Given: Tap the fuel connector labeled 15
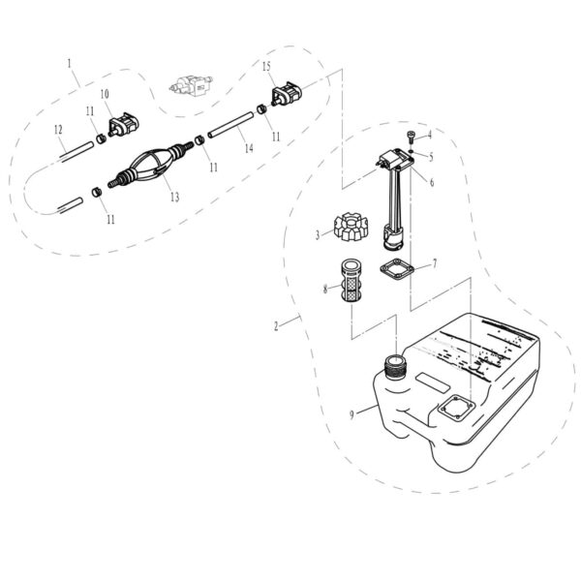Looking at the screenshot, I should [288, 97].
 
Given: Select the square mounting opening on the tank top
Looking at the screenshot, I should [453, 409].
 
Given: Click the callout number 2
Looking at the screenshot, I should [277, 326].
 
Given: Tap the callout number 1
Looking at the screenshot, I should [70, 63].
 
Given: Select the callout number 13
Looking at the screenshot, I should [174, 197].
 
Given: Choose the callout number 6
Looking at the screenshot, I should [432, 181].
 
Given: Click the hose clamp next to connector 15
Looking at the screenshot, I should [261, 108].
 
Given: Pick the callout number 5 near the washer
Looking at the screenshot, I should [430, 155].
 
